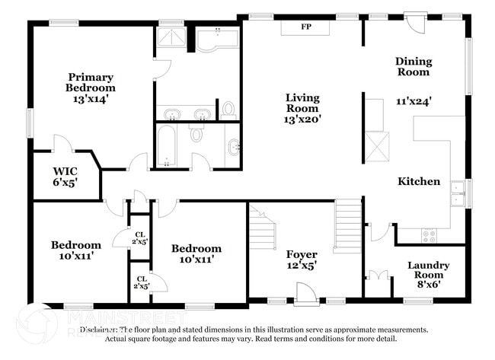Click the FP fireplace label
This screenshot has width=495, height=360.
click(306, 27)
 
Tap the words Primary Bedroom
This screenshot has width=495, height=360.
click(91, 82)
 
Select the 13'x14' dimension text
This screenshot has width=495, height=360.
click(91, 99)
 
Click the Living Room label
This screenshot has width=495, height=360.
click(302, 103)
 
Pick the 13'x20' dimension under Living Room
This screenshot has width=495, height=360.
click(302, 119)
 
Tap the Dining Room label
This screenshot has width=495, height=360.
click(414, 66)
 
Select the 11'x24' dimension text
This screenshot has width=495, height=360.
click(414, 101)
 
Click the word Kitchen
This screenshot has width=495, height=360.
click(419, 181)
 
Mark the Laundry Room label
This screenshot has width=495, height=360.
click(429, 270)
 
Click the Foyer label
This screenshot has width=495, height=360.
click(302, 254)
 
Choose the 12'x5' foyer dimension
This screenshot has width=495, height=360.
click(302, 266)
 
